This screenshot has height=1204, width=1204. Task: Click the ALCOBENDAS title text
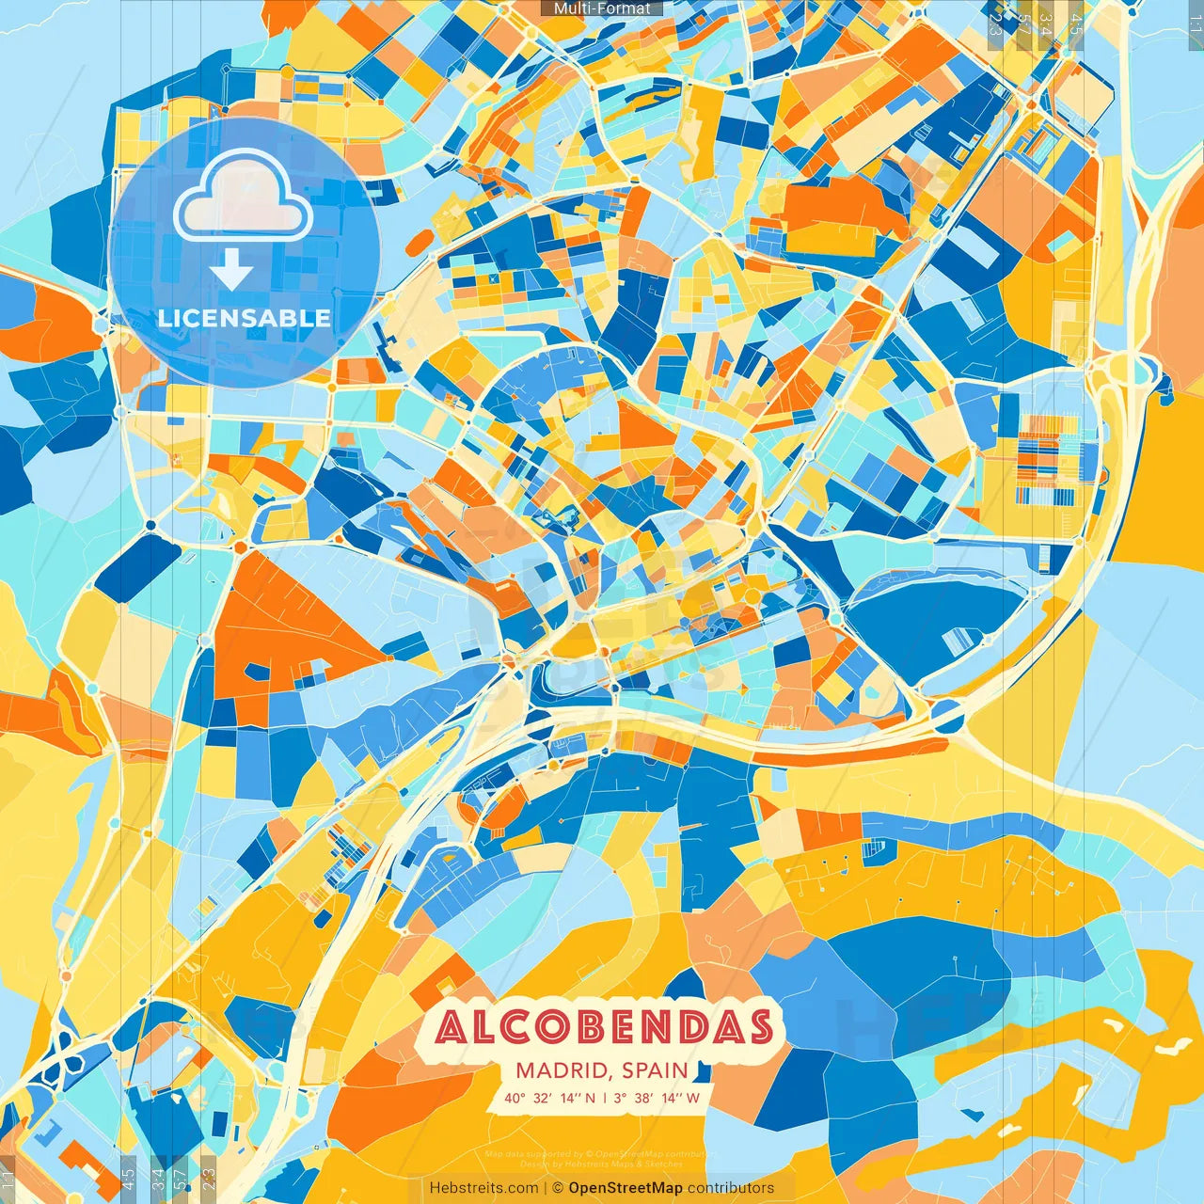pos(604,1027)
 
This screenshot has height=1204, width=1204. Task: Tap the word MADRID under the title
pos(562,1070)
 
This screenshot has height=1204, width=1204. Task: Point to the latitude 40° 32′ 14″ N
pos(549,1098)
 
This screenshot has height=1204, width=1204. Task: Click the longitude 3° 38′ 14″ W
pos(657,1098)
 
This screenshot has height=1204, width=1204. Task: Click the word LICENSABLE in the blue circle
pos(245,318)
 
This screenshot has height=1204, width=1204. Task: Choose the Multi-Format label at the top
pos(602,8)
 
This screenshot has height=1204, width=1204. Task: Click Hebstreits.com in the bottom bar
pos(483,1188)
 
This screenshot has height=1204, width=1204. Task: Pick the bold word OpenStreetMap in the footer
pos(626,1188)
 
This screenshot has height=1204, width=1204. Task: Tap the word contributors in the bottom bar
pos(731,1188)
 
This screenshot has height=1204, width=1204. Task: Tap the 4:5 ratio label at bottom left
pos(128,1177)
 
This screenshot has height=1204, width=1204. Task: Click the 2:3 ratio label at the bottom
pos(209,1177)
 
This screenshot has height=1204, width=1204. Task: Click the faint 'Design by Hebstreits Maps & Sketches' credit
pos(602,1164)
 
